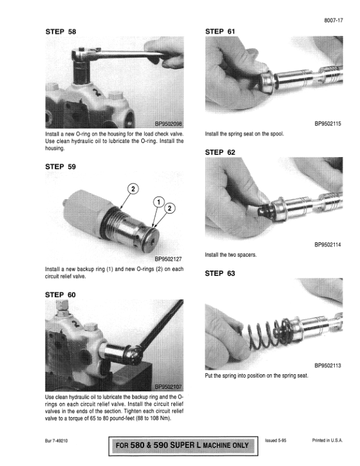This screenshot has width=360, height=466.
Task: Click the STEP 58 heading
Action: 61,32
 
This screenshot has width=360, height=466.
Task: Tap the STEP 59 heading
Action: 61,167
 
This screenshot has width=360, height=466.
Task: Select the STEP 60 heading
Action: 61,295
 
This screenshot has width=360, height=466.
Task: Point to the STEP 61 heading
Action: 220,32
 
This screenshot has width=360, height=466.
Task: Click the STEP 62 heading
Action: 220,152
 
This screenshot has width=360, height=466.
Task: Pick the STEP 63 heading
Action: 220,274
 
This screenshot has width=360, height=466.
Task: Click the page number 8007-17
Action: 334,20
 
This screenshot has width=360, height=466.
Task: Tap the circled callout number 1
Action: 159,202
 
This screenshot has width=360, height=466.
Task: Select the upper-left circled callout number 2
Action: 133,189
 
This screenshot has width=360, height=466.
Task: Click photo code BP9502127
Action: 168,259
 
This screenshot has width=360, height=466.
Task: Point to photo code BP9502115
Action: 328,124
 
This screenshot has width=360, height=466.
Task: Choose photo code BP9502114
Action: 328,245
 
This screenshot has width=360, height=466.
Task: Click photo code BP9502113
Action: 328,365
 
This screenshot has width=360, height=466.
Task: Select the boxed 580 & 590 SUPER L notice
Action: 183,446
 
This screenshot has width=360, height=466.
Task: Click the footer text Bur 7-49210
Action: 56,441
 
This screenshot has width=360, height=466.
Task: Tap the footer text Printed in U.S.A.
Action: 327,441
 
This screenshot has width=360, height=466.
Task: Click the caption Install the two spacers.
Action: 231,255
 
